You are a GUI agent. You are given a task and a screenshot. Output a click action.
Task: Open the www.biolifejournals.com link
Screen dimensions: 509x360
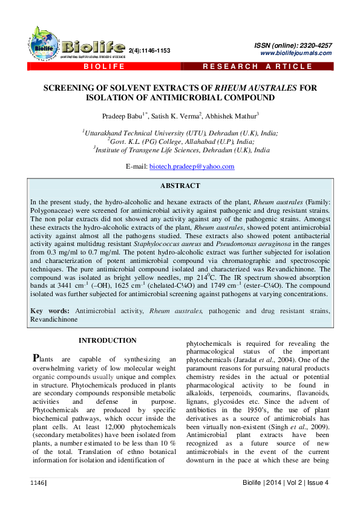296,53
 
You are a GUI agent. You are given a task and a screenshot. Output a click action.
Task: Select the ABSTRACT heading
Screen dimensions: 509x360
180,186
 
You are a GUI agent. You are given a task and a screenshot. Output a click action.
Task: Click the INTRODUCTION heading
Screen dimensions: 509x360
107,340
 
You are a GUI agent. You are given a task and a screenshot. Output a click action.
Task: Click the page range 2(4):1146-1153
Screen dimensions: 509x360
149,51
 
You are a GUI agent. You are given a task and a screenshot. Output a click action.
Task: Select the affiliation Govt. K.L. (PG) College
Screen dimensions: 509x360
180,141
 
